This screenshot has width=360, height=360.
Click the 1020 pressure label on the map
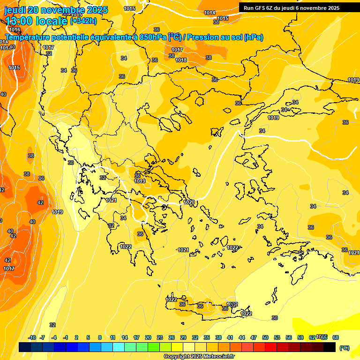pos(189,202)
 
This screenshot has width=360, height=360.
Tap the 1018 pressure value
pos(181,60)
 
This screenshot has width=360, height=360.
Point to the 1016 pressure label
pos(15,30)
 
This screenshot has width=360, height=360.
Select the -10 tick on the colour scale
pos(32,337)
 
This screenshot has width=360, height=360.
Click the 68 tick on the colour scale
pos(336,337)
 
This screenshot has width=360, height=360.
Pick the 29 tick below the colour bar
pos(183,337)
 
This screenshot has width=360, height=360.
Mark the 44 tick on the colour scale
pos(242,337)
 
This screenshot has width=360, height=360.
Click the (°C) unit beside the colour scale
pos(344,348)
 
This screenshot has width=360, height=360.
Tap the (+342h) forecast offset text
pos(83,21)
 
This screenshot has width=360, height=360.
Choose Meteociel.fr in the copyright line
pos(218,357)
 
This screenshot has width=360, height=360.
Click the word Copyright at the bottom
pos(177,357)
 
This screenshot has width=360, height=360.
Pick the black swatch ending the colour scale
pos(330,347)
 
